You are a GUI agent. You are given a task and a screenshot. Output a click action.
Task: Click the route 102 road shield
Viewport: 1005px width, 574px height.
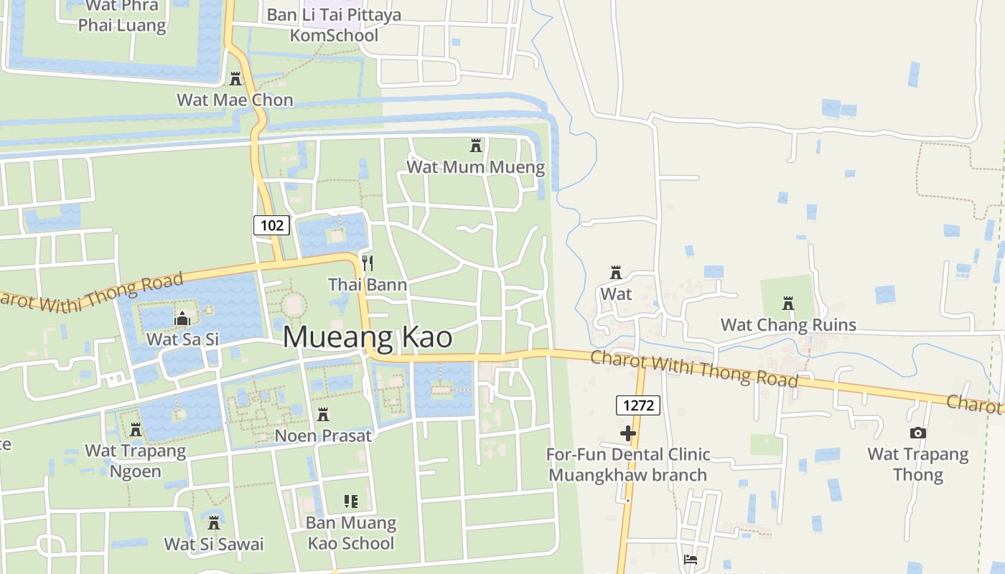(x=271, y=225)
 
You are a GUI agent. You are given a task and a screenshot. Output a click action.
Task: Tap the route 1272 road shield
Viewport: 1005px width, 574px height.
(x=637, y=405)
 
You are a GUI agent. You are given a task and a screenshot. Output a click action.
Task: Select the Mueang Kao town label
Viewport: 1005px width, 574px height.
(x=368, y=337)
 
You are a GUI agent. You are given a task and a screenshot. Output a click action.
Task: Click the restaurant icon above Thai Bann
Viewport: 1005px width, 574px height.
(x=368, y=263)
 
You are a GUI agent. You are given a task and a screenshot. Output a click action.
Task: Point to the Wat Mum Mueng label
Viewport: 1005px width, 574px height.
(x=475, y=168)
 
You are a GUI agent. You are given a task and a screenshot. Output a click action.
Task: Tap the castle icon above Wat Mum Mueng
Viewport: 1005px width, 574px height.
(x=475, y=146)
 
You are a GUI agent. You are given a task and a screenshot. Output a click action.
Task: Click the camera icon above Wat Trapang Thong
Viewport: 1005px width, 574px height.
(x=917, y=433)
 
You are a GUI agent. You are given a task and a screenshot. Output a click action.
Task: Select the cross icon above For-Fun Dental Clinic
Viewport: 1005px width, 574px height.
(x=628, y=433)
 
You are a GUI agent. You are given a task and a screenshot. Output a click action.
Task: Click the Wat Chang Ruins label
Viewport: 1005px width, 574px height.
(x=788, y=325)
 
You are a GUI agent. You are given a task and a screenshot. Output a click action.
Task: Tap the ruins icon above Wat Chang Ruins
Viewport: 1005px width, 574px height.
(x=788, y=304)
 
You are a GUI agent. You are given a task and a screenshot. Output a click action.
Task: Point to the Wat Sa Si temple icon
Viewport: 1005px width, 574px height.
(x=182, y=318)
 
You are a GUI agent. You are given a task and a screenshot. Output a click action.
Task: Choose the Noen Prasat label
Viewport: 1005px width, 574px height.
(x=323, y=436)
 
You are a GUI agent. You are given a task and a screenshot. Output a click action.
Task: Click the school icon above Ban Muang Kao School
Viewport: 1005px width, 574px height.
(x=351, y=501)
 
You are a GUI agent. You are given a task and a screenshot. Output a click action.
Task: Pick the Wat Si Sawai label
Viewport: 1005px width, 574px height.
(x=214, y=544)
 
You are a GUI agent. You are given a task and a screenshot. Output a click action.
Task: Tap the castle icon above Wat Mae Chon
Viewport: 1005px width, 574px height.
(x=235, y=78)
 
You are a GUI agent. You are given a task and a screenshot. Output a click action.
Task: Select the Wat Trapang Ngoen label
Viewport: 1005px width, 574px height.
(x=136, y=461)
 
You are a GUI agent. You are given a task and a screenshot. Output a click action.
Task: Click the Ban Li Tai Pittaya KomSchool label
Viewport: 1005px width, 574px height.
(x=334, y=25)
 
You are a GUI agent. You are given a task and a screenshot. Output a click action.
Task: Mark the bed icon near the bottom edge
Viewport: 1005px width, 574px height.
(x=691, y=560)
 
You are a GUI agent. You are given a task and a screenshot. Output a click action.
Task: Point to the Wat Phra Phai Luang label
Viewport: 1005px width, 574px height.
(x=122, y=16)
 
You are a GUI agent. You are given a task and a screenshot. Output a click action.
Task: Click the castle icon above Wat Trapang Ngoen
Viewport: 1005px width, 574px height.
(x=136, y=430)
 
